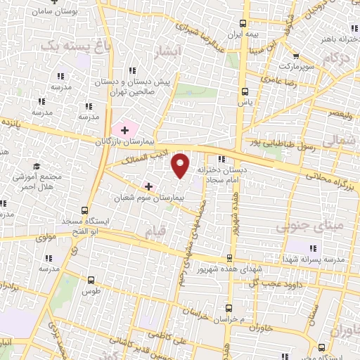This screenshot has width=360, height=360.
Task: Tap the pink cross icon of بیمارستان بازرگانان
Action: click(125, 129)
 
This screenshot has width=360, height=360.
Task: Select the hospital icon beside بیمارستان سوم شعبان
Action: click(148, 186)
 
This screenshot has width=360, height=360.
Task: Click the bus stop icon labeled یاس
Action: click(245, 91)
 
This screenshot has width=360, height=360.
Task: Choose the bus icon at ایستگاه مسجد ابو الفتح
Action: click(85, 210)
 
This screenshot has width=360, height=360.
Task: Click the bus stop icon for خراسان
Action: click(228, 307)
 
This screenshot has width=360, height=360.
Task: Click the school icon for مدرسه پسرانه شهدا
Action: click(312, 247)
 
